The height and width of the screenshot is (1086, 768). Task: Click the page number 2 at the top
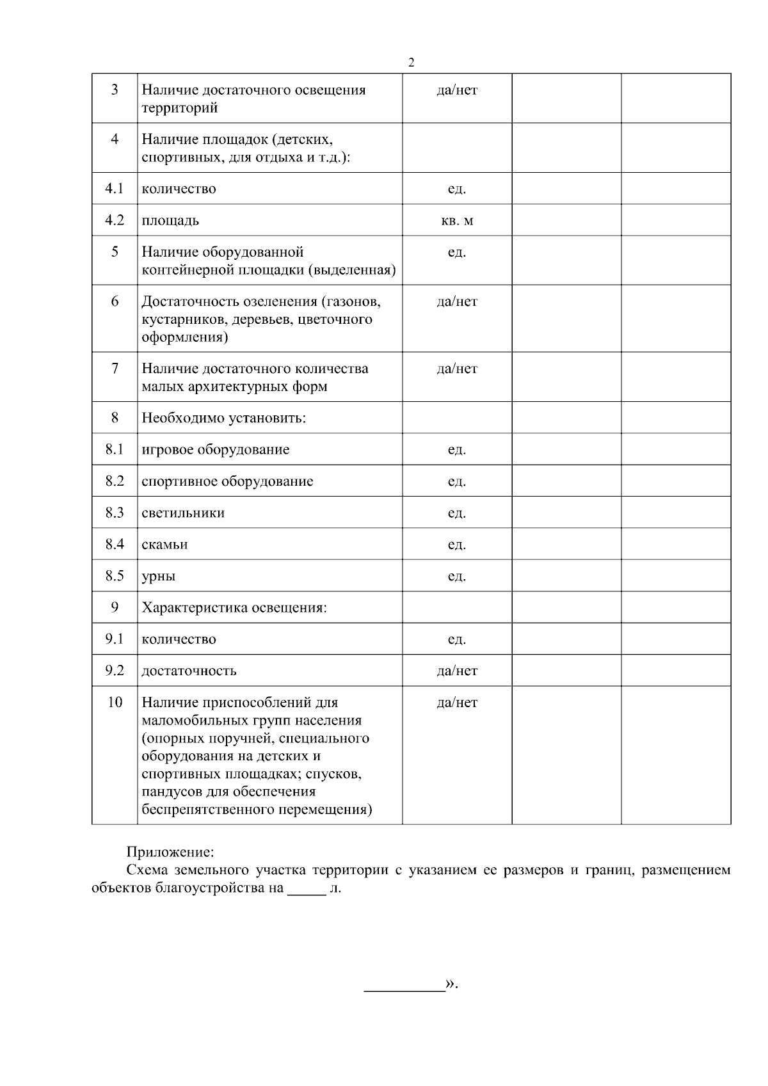[411, 62]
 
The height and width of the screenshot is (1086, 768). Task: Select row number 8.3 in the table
[115, 513]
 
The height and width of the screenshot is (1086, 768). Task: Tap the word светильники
[183, 513]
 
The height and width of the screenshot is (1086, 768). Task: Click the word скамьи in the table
[164, 545]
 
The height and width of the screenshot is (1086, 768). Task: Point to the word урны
[158, 576]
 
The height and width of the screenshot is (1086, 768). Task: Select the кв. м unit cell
[457, 221]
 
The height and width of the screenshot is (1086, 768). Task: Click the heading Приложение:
[170, 852]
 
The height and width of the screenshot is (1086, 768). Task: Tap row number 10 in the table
[115, 702]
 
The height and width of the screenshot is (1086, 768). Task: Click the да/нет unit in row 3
[457, 90]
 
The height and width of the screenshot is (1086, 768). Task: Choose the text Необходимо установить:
[223, 419]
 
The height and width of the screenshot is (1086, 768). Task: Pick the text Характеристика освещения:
[234, 607]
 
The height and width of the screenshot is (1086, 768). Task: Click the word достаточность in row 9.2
[189, 671]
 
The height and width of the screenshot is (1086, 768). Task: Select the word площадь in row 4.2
[170, 221]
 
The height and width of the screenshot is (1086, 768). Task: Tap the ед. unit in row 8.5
[457, 576]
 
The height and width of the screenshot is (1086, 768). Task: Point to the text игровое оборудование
[215, 450]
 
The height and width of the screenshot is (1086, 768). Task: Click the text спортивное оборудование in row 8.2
[227, 481]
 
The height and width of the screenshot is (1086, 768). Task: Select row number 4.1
[115, 189]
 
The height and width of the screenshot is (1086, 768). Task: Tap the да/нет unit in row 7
[457, 369]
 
